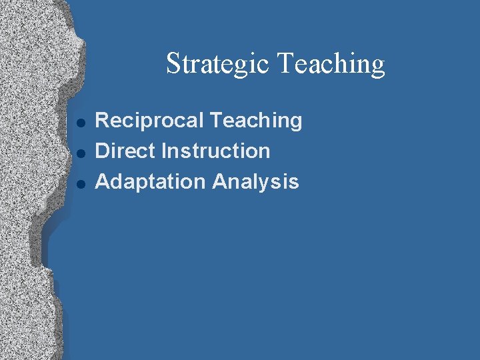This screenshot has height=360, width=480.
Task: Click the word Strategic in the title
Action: [x=217, y=64]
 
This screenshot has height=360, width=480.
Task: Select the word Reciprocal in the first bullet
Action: [x=149, y=121]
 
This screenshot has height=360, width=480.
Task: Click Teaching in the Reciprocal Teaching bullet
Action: [x=255, y=121]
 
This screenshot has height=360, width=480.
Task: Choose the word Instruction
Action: [x=217, y=151]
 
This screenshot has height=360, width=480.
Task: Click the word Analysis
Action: [x=256, y=181]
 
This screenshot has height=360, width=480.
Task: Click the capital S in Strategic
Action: [x=173, y=64]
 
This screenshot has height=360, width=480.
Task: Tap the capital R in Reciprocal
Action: [x=103, y=121]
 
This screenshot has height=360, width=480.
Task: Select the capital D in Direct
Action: [x=103, y=151]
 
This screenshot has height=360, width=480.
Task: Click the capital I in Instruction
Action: [x=166, y=151]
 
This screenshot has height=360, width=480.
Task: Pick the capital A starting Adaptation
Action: [x=103, y=181]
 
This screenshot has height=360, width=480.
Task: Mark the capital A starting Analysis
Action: [x=220, y=181]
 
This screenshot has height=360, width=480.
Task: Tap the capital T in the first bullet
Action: [x=215, y=121]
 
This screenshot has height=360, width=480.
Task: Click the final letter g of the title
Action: [x=378, y=67]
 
